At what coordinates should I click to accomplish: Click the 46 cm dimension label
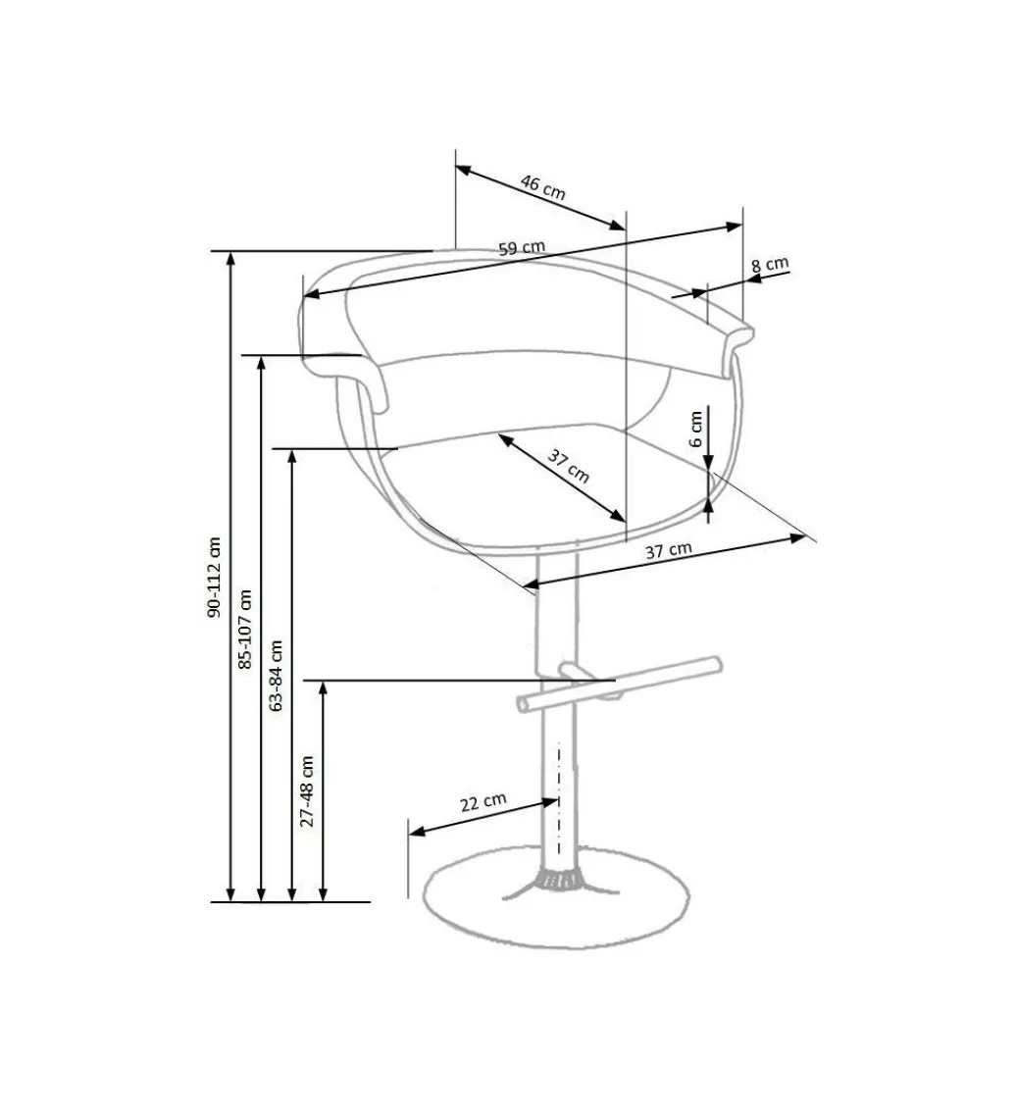pos(543,186)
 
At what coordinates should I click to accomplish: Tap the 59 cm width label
pos(521,248)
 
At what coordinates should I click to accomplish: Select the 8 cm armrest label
pos(770,264)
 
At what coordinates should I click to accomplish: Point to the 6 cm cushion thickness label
pos(695,429)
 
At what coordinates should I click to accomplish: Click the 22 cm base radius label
pos(482,802)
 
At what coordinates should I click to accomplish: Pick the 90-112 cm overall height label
pos(215,576)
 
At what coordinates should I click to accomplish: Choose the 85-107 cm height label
pos(245,629)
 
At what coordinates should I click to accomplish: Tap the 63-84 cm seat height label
pos(276,675)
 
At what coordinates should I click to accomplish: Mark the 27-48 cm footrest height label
pos(307,790)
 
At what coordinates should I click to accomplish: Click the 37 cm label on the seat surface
pos(568,466)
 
